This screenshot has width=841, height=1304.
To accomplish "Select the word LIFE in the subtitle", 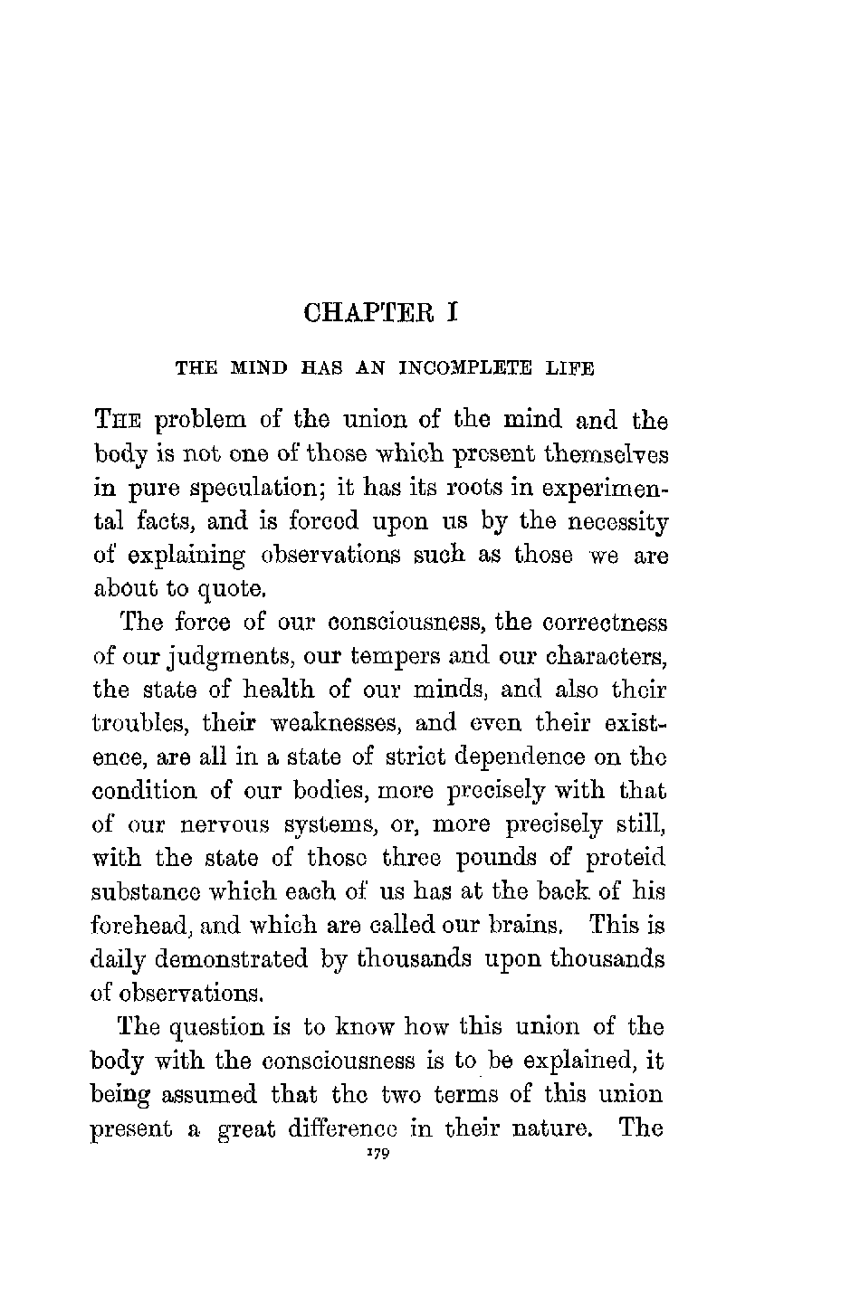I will coord(570,368).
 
